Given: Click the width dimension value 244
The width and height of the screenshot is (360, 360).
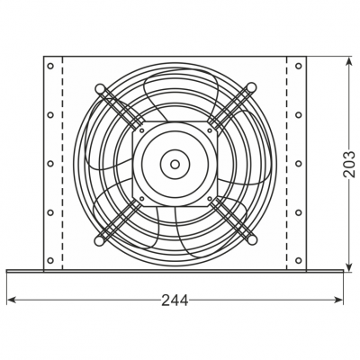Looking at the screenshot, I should click(176, 301).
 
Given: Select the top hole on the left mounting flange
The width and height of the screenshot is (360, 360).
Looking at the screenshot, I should click(50, 67).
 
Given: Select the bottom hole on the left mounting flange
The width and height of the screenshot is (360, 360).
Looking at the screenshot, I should click(50, 261).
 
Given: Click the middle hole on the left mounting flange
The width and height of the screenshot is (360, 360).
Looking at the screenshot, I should click(50, 164).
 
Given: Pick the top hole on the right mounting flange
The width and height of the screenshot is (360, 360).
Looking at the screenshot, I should click(299, 67).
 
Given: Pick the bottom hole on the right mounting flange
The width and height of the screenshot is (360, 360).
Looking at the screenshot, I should click(299, 261).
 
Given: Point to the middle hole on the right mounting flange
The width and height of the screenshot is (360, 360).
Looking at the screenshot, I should click(299, 164).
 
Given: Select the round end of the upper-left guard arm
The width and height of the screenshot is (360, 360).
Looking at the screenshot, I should click(98, 87).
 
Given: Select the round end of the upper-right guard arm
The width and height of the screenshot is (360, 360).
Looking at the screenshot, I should click(251, 87).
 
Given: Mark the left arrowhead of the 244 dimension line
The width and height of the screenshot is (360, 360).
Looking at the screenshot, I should click(10, 301).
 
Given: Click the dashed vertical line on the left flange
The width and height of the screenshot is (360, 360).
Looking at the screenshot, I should click(62, 164).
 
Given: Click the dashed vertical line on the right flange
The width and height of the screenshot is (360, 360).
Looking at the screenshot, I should click(287, 164).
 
